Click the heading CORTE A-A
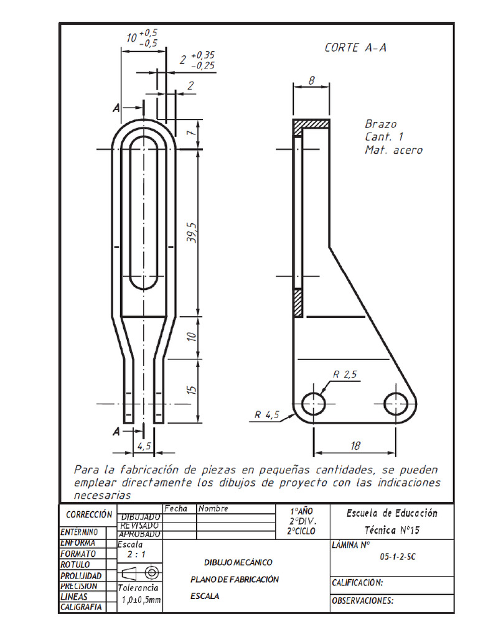(355, 48)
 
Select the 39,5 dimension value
(192, 232)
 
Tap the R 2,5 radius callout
(344, 374)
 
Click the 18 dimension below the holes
(354, 446)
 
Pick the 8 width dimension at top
(311, 80)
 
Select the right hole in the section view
(396, 404)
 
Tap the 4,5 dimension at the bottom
(144, 446)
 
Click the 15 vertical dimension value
(192, 390)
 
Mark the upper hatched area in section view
(312, 125)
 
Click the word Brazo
(380, 124)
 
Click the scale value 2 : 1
(137, 554)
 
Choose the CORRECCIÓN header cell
(89, 515)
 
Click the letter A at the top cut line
(116, 108)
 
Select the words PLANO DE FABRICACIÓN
(234, 579)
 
